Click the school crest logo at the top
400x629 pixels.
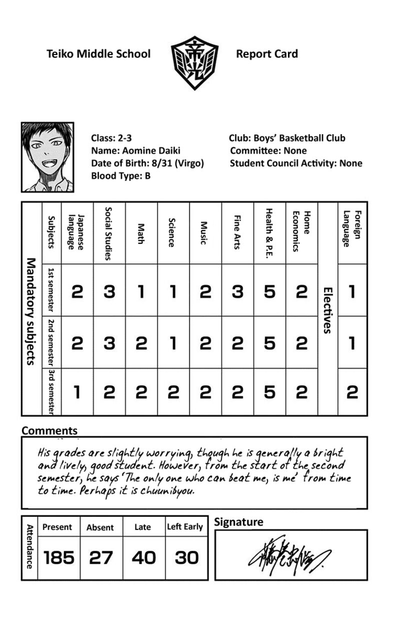click(194, 63)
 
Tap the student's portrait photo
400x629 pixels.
click(47, 157)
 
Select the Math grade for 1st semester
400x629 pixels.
click(141, 291)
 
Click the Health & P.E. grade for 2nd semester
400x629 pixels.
click(269, 343)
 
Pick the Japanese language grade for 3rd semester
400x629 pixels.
click(77, 392)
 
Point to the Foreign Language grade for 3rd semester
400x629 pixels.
click(352, 392)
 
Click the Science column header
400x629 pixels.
click(172, 232)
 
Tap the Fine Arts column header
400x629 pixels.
click(237, 232)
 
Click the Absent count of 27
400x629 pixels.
click(101, 557)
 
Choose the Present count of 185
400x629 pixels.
click(59, 557)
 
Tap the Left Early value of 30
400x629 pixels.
click(186, 557)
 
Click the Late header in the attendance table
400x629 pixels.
click(142, 527)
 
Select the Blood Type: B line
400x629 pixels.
click(120, 176)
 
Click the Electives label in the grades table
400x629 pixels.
click(327, 310)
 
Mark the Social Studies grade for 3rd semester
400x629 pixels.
click(109, 392)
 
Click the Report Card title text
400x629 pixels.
click(266, 54)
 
